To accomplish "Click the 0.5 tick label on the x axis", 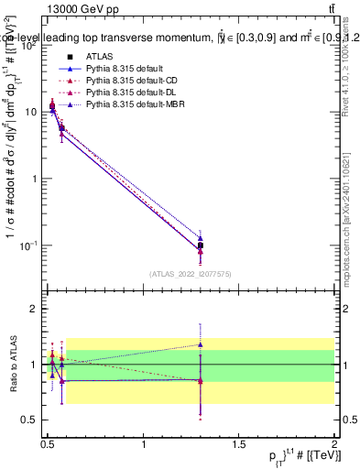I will (49, 445).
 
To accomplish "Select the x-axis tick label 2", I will (334, 445).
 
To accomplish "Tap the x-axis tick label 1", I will (144, 445).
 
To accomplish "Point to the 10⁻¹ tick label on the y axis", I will (27, 245).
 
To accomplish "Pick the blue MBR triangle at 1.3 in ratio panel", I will (201, 344).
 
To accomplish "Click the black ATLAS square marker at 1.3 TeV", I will (201, 245).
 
